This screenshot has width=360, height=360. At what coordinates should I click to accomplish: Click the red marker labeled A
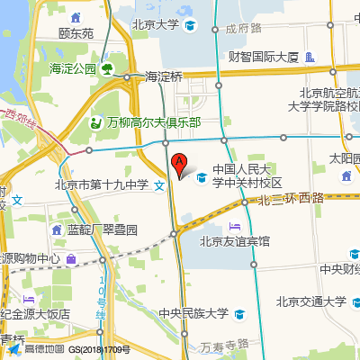coord(180,165)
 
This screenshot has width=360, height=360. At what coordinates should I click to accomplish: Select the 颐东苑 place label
coord(76,34)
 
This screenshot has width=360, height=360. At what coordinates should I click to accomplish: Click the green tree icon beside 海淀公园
coord(107,68)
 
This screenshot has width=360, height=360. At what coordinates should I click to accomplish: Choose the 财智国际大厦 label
coord(263,58)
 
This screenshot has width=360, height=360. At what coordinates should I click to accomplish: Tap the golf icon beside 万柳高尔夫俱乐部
coord(96,122)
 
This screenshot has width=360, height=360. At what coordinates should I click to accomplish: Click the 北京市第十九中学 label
coord(101,185)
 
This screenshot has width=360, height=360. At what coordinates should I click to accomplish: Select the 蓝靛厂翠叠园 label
coord(102,229)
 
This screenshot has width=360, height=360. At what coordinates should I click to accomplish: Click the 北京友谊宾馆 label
coord(235,240)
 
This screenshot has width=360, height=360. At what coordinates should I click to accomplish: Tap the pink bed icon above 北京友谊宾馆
coord(235,225)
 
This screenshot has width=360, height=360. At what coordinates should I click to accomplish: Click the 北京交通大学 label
coord(310,301)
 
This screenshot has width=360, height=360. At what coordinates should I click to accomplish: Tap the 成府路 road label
coord(242,29)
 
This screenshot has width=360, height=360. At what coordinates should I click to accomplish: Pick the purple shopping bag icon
coord(70,259)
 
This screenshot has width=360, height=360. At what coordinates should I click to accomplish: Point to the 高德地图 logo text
coord(45,349)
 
